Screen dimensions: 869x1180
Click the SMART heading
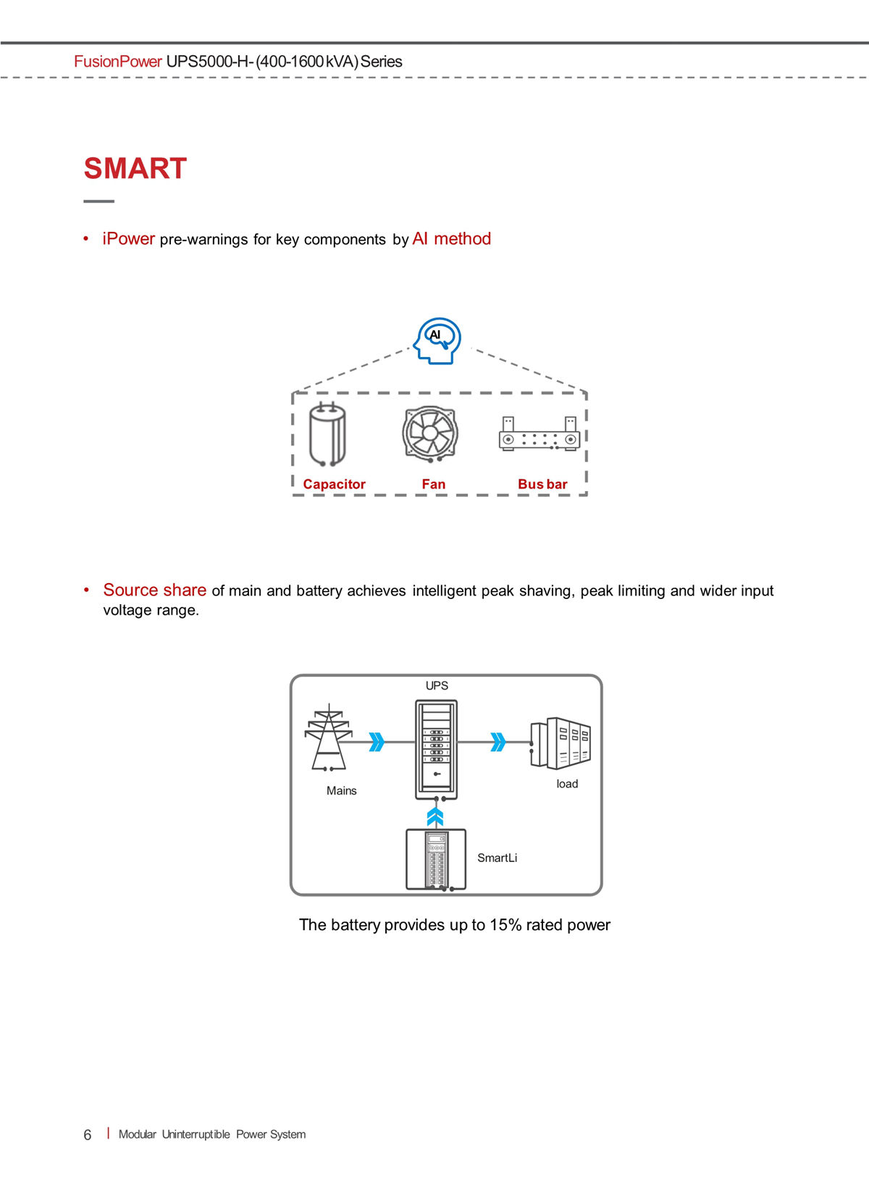[135, 169]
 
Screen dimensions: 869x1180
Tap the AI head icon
[437, 341]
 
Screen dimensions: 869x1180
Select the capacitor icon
[327, 435]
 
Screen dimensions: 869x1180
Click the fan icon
[430, 434]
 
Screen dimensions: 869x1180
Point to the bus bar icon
[540, 434]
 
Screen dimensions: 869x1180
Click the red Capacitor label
[334, 484]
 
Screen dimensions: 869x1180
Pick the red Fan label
[434, 484]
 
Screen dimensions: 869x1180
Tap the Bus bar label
[542, 484]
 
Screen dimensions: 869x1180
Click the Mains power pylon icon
[329, 737]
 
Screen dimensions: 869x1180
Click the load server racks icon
[561, 742]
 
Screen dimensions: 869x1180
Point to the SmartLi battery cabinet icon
[436, 860]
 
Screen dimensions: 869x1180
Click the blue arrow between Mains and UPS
[377, 742]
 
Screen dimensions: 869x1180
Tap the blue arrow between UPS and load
[498, 742]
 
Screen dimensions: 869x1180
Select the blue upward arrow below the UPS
[435, 817]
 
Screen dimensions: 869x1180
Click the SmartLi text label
[498, 858]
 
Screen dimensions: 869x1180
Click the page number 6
[88, 1134]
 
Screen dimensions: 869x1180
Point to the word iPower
[128, 238]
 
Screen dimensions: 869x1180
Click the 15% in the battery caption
[505, 925]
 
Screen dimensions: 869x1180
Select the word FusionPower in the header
[118, 62]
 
